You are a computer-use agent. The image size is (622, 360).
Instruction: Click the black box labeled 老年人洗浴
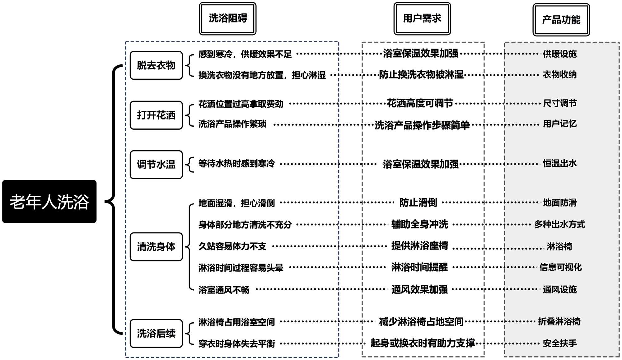[49, 201]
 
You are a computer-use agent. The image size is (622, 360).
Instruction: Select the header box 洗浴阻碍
[227, 18]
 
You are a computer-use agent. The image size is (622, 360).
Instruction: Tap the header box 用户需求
[422, 18]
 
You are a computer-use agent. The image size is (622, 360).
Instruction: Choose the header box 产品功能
[561, 20]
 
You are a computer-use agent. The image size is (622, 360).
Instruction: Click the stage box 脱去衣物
[156, 65]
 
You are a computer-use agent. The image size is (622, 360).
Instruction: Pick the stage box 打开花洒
[156, 115]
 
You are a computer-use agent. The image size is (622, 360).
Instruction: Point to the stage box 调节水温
[156, 164]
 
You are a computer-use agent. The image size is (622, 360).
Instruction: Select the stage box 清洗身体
[156, 246]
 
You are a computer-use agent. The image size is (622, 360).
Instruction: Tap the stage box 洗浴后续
[156, 333]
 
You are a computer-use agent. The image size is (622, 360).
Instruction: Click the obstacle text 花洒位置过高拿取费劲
[241, 104]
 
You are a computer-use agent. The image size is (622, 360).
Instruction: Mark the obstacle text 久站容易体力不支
[232, 246]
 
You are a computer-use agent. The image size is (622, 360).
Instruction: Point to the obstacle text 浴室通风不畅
[224, 290]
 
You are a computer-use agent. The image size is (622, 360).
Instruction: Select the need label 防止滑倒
[418, 203]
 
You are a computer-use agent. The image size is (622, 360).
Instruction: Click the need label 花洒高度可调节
[420, 103]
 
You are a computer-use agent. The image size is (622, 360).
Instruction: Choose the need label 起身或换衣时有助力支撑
[423, 343]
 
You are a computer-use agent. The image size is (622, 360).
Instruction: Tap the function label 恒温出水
[560, 163]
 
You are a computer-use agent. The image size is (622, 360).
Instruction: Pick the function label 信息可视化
[560, 267]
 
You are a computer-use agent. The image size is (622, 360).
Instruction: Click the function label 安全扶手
[560, 343]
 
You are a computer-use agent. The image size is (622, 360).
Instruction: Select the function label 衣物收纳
[560, 74]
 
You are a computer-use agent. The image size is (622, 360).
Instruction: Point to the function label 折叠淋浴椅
[559, 321]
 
